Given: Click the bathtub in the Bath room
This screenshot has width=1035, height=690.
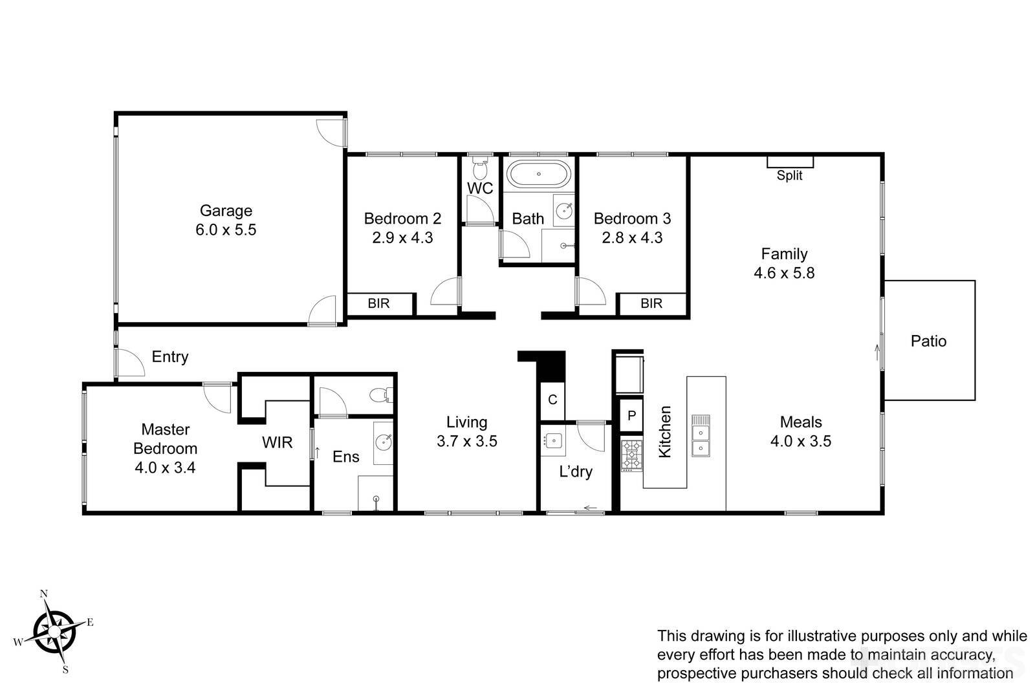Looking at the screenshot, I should pyautogui.click(x=538, y=174).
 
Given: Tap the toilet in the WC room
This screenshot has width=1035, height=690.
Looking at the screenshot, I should pyautogui.click(x=479, y=169).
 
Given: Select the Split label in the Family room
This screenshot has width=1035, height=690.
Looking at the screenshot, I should pyautogui.click(x=789, y=175).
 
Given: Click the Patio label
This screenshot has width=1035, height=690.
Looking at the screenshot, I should pyautogui.click(x=928, y=341).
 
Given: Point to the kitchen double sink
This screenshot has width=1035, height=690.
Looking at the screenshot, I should pyautogui.click(x=701, y=436).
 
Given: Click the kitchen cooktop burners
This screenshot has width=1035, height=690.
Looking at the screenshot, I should pyautogui.click(x=631, y=455).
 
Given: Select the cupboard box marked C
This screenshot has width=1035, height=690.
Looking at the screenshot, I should pyautogui.click(x=552, y=400).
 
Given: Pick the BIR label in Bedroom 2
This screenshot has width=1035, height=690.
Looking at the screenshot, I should pyautogui.click(x=378, y=303).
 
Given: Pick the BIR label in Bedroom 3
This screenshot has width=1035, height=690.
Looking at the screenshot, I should pyautogui.click(x=651, y=303).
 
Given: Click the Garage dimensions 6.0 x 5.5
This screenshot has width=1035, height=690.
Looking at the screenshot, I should pyautogui.click(x=226, y=230).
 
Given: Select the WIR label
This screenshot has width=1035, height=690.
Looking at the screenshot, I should pyautogui.click(x=277, y=442).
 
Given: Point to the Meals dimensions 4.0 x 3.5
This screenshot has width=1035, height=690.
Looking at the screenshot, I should pyautogui.click(x=800, y=441).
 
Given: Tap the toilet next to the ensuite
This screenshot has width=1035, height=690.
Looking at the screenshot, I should pyautogui.click(x=378, y=394).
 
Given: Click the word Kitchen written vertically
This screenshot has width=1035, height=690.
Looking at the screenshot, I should pyautogui.click(x=665, y=431).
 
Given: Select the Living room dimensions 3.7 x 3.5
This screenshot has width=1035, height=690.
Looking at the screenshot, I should pyautogui.click(x=466, y=441).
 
